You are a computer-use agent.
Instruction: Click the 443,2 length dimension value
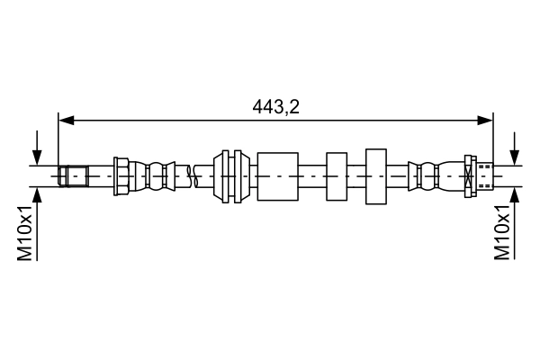(275, 106)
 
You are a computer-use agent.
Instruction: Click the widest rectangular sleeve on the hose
(277, 175)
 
